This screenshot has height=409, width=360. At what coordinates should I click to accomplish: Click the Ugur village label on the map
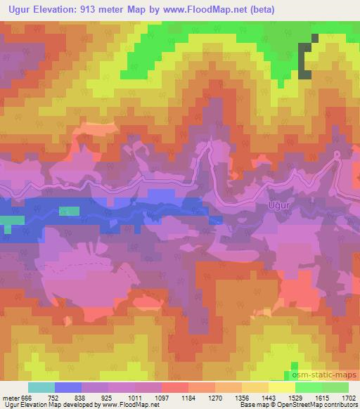point(279,205)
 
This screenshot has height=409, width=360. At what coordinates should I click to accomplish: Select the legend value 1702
point(348,397)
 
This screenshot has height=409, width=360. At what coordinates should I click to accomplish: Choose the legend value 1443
point(268,397)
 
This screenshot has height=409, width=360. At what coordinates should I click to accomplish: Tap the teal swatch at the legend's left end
point(41,387)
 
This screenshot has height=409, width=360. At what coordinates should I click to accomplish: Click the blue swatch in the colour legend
point(68,387)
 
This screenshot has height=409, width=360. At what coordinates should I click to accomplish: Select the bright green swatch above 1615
point(308,387)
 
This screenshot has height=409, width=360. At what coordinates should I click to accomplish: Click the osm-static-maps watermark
point(324,376)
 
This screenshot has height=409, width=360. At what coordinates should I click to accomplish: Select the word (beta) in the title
point(260,10)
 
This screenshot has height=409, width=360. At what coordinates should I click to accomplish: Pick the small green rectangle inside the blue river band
point(69,210)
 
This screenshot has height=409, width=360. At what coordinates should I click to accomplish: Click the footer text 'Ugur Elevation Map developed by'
point(49,405)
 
